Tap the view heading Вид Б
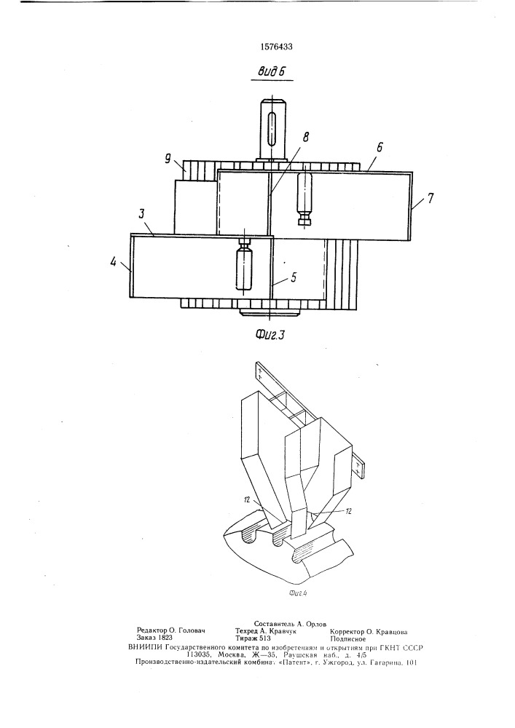pyautogui.click(x=271, y=72)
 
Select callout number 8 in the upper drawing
pyautogui.click(x=305, y=137)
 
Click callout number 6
pyautogui.click(x=380, y=147)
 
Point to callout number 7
pyautogui.click(x=431, y=198)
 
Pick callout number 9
pyautogui.click(x=168, y=159)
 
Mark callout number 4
pyautogui.click(x=113, y=262)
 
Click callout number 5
pyautogui.click(x=294, y=277)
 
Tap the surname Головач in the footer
pyautogui.click(x=190, y=631)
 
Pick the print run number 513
pyautogui.click(x=265, y=638)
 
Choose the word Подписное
pyautogui.click(x=347, y=639)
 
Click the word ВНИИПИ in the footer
pyautogui.click(x=144, y=647)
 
